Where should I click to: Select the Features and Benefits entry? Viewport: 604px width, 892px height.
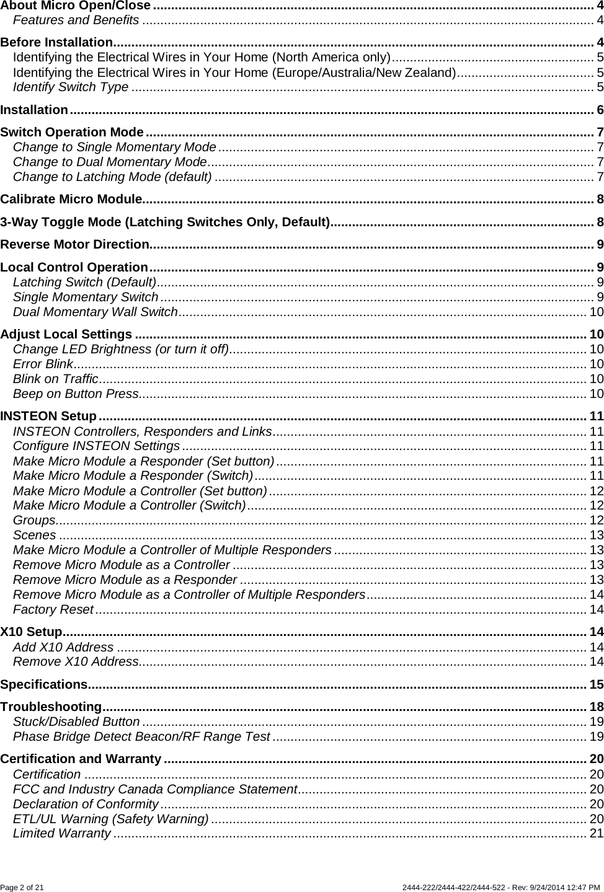tap(76, 20)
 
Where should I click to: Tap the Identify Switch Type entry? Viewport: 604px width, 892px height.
tap(71, 86)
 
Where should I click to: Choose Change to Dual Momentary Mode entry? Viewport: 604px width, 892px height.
tap(109, 162)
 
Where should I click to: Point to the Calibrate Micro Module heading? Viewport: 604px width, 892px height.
tap(71, 199)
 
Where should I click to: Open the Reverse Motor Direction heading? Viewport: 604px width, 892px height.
tap(75, 244)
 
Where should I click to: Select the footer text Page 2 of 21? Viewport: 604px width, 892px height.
tap(22, 887)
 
